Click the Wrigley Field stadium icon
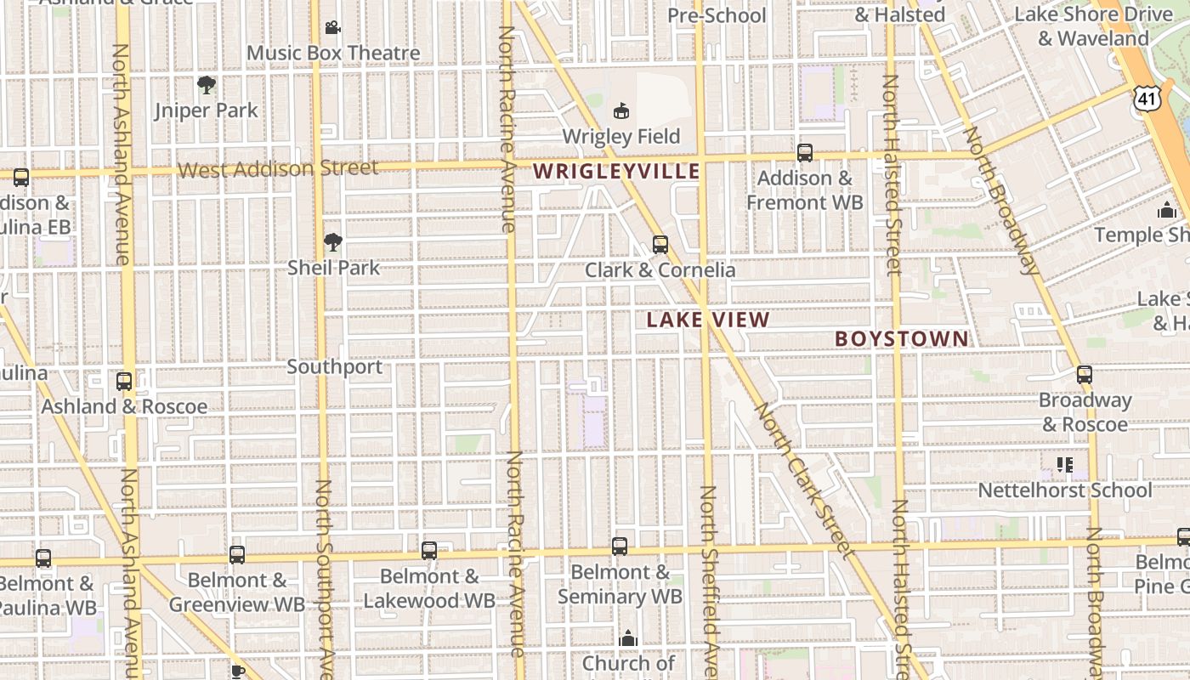(x=621, y=110)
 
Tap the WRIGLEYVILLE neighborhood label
(x=616, y=172)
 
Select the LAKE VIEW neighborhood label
(x=707, y=320)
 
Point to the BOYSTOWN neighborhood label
(x=901, y=338)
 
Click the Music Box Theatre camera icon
(x=332, y=28)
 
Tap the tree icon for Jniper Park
(x=206, y=84)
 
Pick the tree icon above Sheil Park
(x=332, y=242)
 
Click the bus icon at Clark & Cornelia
(x=660, y=245)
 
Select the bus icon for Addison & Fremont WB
(x=804, y=153)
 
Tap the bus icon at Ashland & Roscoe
(x=124, y=381)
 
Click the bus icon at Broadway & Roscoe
(x=1084, y=374)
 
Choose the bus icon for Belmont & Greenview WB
(x=237, y=555)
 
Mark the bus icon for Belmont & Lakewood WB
(x=429, y=550)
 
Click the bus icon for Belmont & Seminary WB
(x=620, y=546)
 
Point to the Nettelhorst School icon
(x=1064, y=465)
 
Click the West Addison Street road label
(x=278, y=168)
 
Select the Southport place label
(x=334, y=367)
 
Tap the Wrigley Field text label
(x=621, y=136)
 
